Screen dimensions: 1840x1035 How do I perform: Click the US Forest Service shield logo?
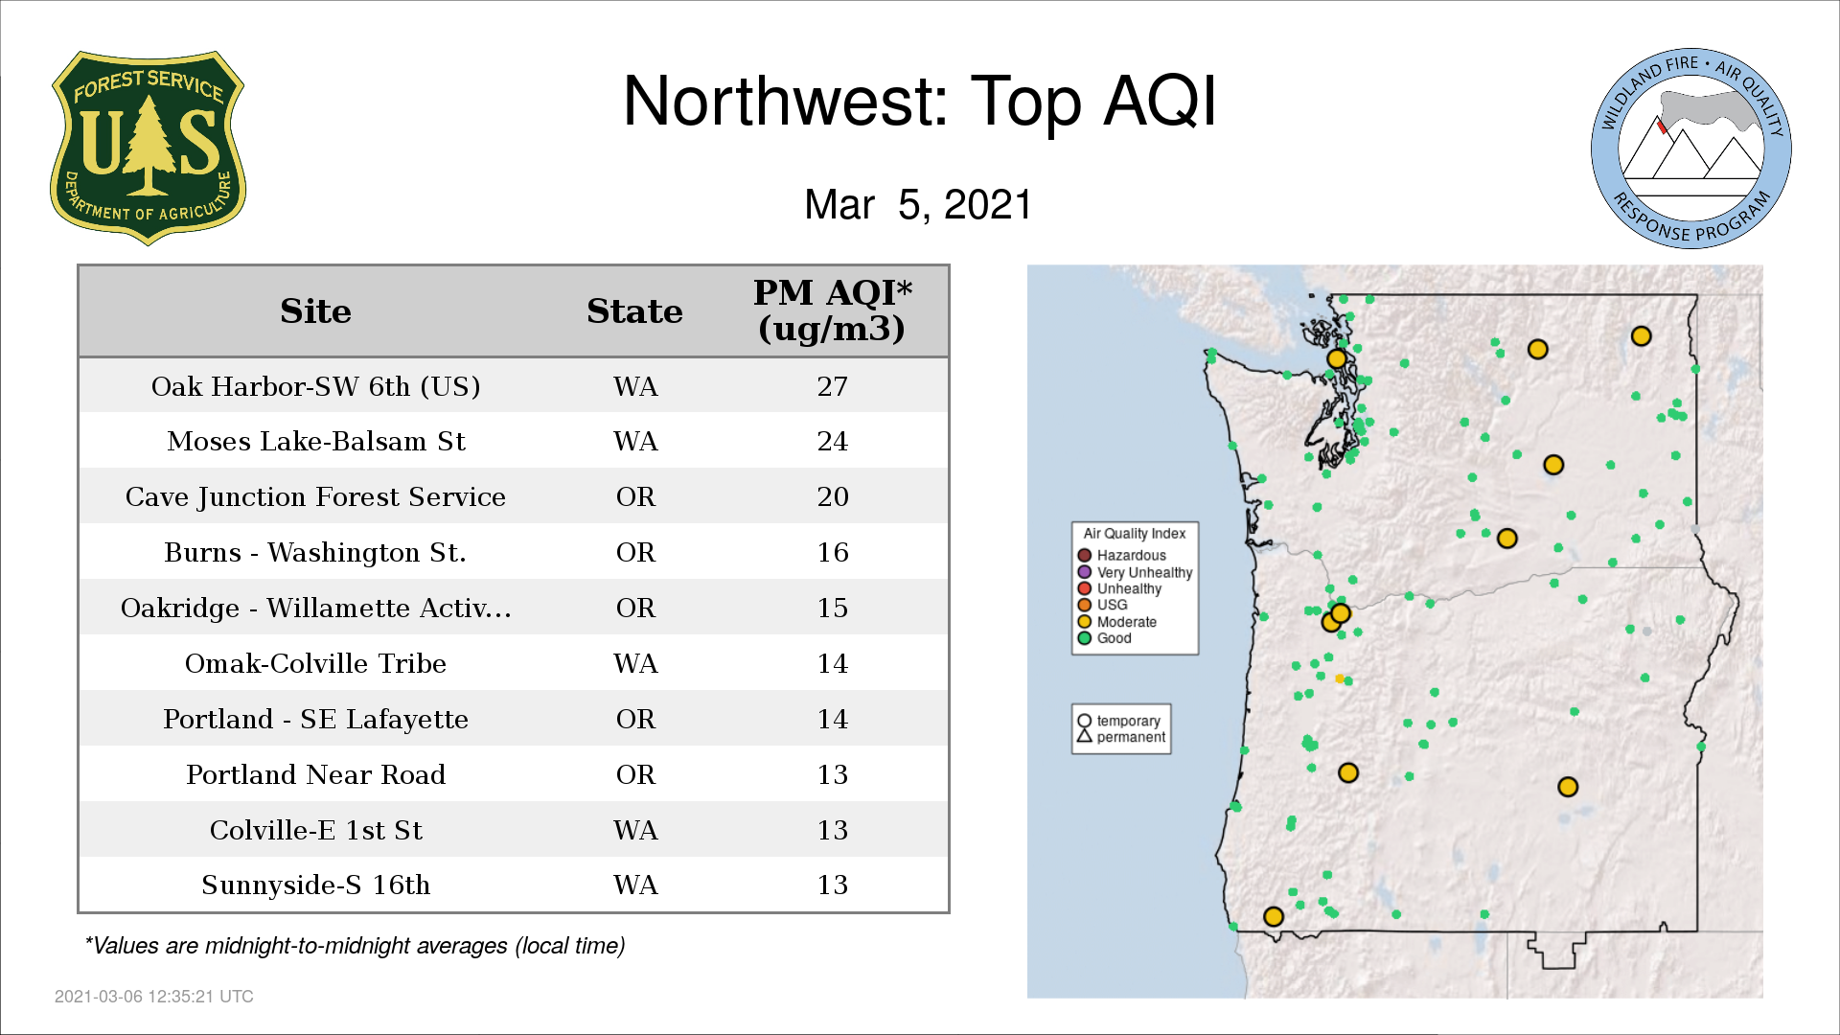click(148, 149)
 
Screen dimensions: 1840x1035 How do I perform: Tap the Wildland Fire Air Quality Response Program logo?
click(1691, 149)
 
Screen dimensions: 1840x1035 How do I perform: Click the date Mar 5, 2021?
click(918, 204)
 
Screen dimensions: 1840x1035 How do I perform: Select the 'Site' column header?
click(315, 311)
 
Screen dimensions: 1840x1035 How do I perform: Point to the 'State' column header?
click(634, 311)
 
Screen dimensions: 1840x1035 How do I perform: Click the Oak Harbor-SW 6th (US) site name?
click(315, 386)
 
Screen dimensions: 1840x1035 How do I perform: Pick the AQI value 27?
click(832, 386)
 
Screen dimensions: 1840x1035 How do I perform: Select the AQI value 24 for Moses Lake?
click(832, 441)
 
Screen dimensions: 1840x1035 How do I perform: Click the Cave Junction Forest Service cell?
click(315, 497)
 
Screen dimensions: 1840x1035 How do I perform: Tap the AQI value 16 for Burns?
click(832, 552)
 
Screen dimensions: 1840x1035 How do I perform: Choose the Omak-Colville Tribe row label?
click(315, 663)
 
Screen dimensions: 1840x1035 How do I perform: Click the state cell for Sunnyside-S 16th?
click(635, 885)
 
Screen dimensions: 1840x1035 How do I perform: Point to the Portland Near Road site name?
click(315, 774)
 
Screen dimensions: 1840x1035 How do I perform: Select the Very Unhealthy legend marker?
click(1085, 572)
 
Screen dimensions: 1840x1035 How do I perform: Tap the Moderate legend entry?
click(1116, 622)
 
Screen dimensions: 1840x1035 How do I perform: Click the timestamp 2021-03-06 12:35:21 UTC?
click(154, 997)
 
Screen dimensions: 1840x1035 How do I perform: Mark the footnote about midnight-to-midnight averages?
click(355, 946)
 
